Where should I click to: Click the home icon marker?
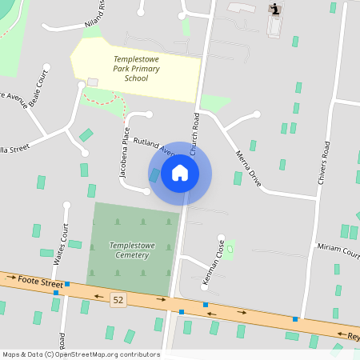click(180, 173)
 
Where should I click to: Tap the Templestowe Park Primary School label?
click(136, 69)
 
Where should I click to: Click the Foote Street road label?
click(39, 282)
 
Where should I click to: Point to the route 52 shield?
click(118, 299)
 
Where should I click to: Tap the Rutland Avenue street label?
click(154, 145)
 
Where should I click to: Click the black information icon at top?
click(276, 9)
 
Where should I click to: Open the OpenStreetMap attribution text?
click(81, 354)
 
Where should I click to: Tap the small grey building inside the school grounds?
click(92, 82)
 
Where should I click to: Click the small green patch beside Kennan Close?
click(230, 248)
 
